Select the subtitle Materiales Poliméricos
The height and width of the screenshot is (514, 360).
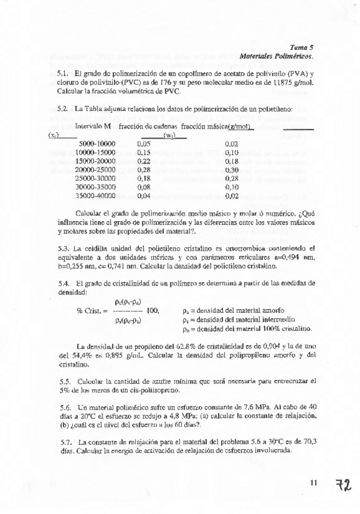tap(276, 55)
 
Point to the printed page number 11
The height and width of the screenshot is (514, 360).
tap(313, 482)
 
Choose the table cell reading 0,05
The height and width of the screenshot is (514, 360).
tap(144, 144)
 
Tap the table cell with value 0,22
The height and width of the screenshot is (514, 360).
tap(144, 161)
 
